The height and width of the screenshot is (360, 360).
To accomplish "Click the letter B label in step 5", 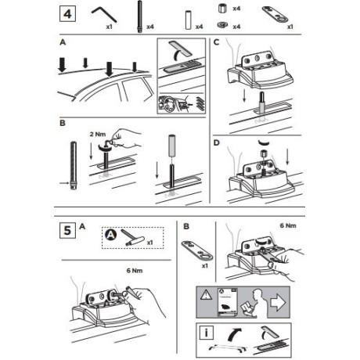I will (185, 227).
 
